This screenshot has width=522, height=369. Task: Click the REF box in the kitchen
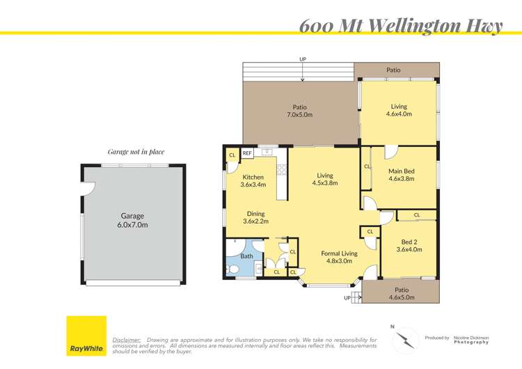tap(246, 153)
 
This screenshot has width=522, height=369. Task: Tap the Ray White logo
tap(86, 336)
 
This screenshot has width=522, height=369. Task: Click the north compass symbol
tap(405, 340)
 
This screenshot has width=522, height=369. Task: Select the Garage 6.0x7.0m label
tap(132, 221)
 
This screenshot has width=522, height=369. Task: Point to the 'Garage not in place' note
tap(136, 152)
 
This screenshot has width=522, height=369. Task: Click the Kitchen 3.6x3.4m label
tap(253, 181)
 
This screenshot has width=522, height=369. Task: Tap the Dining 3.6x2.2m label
tap(255, 217)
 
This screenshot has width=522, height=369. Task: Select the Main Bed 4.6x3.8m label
tap(402, 175)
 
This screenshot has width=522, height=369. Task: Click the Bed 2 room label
tap(409, 246)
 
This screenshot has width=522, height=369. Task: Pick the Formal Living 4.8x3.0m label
tap(339, 257)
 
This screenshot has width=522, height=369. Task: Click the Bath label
tap(246, 256)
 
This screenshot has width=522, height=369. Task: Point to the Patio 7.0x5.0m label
tap(299, 111)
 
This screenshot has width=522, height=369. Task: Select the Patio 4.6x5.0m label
tap(402, 294)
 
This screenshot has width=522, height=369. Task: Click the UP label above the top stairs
tap(303, 59)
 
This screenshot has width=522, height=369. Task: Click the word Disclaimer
tap(127, 340)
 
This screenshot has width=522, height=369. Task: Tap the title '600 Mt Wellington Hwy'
tap(401, 26)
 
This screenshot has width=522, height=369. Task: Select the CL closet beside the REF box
tap(232, 155)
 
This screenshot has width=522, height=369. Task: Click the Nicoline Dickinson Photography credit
tap(471, 340)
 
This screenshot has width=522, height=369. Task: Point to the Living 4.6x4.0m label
tap(399, 110)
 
